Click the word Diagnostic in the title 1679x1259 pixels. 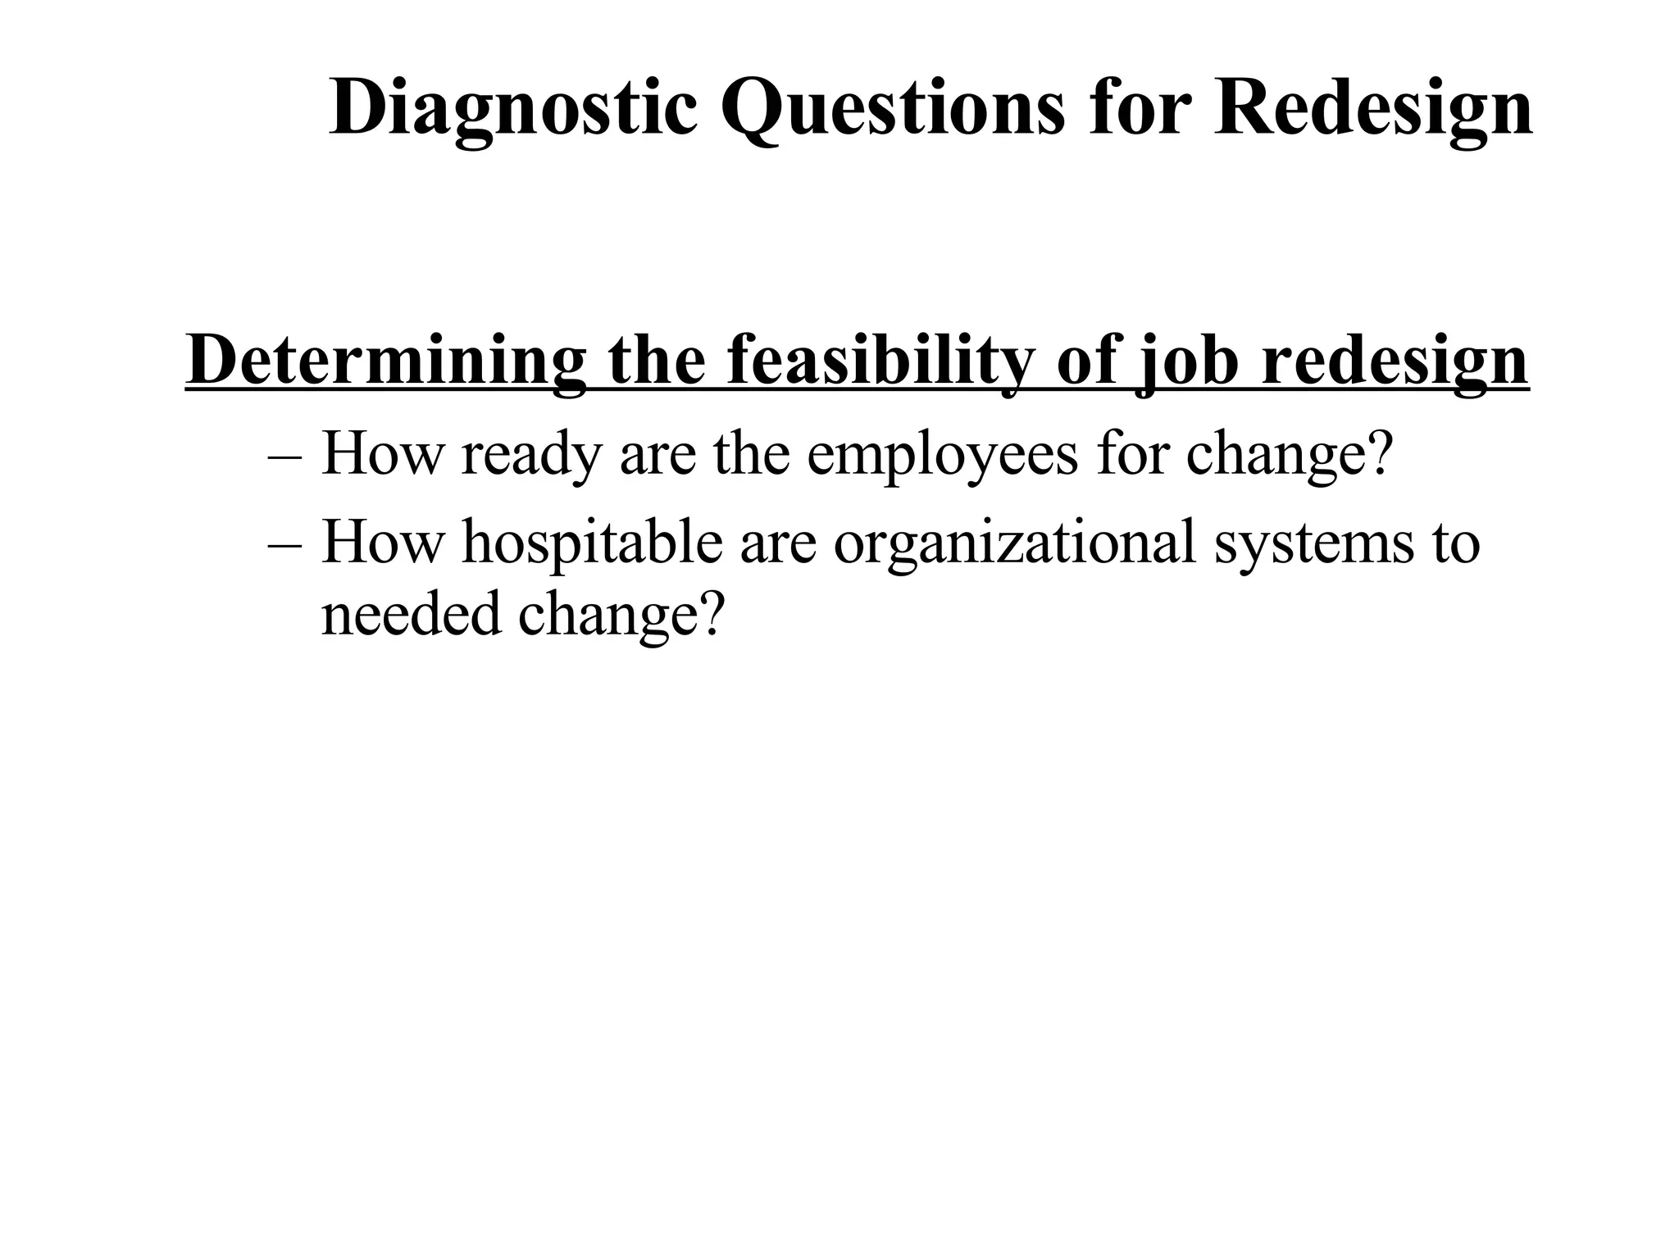pos(513,110)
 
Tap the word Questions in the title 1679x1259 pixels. pos(893,110)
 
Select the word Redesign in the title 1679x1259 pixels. pos(1373,110)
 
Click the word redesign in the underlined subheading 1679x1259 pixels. pos(1394,361)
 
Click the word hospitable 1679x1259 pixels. pos(592,543)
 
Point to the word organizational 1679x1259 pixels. pos(1014,543)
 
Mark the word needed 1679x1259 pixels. pos(410,615)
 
